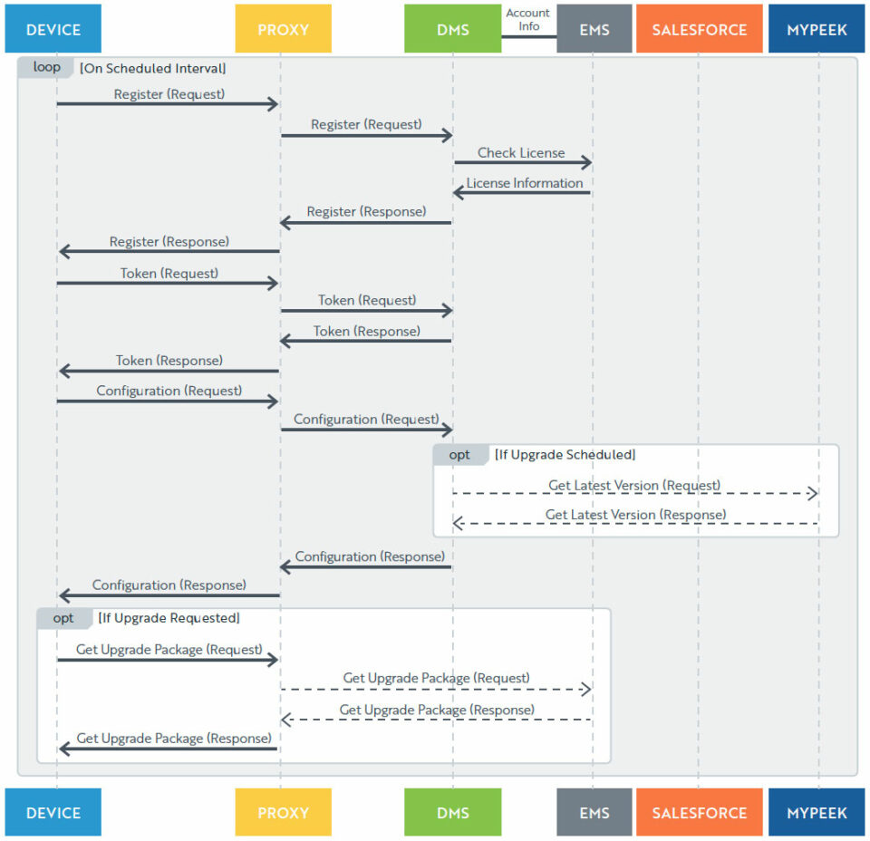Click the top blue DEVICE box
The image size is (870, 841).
53,30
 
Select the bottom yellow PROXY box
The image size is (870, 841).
283,813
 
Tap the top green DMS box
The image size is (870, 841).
452,30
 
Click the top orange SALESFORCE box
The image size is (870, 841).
698,30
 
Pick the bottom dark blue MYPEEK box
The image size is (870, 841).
816,813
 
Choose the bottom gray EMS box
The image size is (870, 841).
594,813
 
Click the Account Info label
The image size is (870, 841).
528,20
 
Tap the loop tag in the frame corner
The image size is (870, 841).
45,68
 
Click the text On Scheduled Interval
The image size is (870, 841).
153,68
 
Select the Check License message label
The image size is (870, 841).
521,153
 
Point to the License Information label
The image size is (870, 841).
525,183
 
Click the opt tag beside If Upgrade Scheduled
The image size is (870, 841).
459,455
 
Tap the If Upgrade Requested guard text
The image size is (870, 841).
169,618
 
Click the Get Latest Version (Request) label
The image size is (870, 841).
634,486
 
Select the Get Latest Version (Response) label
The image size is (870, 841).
635,515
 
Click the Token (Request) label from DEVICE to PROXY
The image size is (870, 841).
169,273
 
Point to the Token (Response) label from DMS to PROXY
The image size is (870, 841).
367,332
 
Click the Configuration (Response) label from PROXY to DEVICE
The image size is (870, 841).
169,585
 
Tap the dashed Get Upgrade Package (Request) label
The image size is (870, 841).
436,678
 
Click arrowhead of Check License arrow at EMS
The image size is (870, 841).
587,163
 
